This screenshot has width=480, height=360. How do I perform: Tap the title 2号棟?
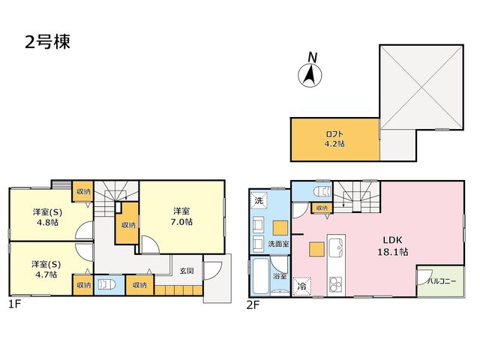coord(47,42)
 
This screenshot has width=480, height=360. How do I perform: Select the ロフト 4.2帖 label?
coord(335,139)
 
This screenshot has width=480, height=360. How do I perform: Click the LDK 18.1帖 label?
coord(392,246)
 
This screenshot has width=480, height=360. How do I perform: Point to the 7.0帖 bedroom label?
coord(181,217)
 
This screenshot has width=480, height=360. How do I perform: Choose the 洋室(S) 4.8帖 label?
coord(47,217)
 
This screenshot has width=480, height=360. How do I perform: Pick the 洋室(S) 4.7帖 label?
coord(46,269)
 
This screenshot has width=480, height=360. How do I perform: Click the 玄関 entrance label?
coord(187,271)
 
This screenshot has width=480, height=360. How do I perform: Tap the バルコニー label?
coord(442,281)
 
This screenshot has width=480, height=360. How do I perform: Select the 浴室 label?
coord(280,276)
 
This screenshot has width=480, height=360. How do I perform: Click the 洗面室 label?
coord(278,244)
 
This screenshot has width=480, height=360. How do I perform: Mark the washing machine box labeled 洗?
coord(259,200)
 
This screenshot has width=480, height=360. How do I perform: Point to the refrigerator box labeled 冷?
coord(301,286)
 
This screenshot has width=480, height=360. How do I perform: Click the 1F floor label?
coord(14,304)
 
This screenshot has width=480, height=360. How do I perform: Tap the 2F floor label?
coord(253,305)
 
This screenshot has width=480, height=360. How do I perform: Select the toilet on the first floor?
coord(106,285)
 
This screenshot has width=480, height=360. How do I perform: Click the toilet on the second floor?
coord(322,192)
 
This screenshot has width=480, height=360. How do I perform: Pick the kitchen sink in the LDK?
coord(336,247)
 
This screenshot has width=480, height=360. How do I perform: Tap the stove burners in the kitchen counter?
coord(335,286)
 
